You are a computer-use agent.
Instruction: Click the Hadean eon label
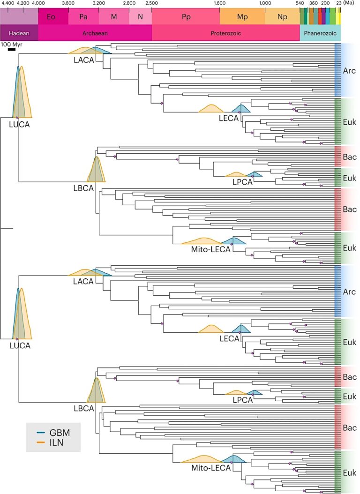coord(19,33)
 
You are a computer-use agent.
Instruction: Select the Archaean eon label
coord(95,33)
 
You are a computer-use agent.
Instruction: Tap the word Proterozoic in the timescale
coord(225,33)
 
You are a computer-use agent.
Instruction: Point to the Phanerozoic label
coord(320,33)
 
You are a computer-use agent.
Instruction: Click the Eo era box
coord(53,17)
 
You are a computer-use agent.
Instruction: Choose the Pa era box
coord(83,17)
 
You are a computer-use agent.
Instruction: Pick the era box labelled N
coord(140,17)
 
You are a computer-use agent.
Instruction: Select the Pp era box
coord(186,17)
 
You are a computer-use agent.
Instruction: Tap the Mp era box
coord(242,17)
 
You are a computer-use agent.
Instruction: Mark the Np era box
coord(282,17)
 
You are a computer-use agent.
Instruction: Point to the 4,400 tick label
coord(8,3)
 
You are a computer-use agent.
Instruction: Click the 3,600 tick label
coord(68,3)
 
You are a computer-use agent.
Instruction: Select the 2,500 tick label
coord(152,3)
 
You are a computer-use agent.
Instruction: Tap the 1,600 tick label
coord(219,3)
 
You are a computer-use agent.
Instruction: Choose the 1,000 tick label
coord(265,3)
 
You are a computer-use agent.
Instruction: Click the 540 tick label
coord(300,3)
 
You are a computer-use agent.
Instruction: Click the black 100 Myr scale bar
coord(12,49)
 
